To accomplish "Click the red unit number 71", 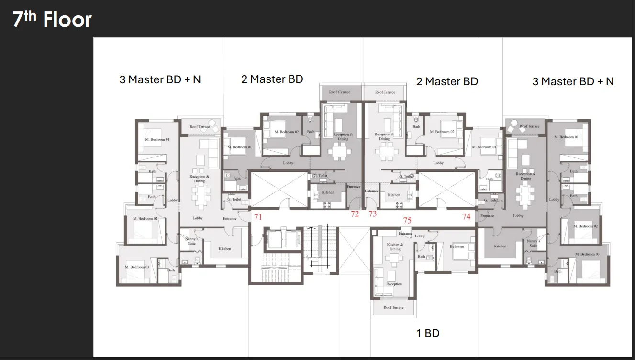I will pyautogui.click(x=258, y=217).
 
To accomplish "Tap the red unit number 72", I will pyautogui.click(x=355, y=214).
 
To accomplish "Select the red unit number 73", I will pyautogui.click(x=372, y=214).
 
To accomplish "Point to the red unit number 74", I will pyautogui.click(x=466, y=216).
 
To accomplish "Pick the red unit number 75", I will pyautogui.click(x=407, y=221).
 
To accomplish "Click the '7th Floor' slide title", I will pyautogui.click(x=52, y=20).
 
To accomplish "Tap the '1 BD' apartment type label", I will pyautogui.click(x=427, y=333).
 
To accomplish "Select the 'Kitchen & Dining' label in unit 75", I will pyautogui.click(x=395, y=247).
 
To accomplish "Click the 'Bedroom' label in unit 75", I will pyautogui.click(x=457, y=247).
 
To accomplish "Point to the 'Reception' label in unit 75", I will pyautogui.click(x=394, y=284).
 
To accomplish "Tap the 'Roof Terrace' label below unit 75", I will pyautogui.click(x=393, y=307).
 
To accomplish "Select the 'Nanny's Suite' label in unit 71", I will pyautogui.click(x=191, y=241).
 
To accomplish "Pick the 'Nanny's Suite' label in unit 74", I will pyautogui.click(x=534, y=243).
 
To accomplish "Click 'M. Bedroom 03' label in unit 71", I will pyautogui.click(x=137, y=267).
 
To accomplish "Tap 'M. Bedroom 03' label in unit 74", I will pyautogui.click(x=587, y=254).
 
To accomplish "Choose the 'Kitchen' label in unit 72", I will pyautogui.click(x=328, y=192).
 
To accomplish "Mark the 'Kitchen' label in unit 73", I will pyautogui.click(x=394, y=195).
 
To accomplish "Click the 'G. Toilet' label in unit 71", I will pyautogui.click(x=234, y=199).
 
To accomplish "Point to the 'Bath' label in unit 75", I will pyautogui.click(x=421, y=256).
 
